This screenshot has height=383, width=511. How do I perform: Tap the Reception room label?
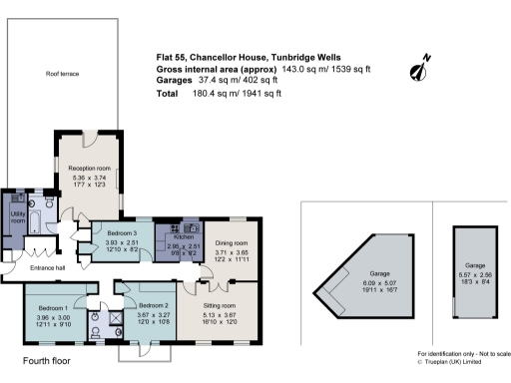coord(88,169)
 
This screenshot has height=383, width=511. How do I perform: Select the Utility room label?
coord(17,216)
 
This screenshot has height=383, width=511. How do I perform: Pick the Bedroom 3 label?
coord(120,234)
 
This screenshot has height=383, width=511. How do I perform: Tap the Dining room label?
coord(232,242)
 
